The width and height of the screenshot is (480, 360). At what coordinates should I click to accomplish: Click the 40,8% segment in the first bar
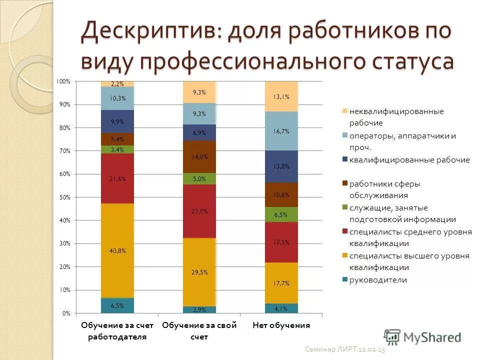tap(117, 250)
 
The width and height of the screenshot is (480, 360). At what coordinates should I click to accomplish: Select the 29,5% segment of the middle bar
tap(199, 272)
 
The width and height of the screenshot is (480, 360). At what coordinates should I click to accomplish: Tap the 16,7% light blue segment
tap(281, 131)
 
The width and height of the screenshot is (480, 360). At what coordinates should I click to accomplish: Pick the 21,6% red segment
tap(117, 178)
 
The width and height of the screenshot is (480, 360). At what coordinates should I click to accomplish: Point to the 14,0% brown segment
tap(199, 156)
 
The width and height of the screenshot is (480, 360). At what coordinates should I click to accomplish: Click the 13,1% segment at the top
tap(281, 96)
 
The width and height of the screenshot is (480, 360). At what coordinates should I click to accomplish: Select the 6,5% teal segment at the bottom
tap(117, 305)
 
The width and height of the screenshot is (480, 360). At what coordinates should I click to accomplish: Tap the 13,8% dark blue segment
tap(281, 166)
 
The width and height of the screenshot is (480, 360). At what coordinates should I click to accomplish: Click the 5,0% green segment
tap(199, 178)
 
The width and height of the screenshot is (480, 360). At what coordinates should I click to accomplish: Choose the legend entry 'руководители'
tap(378, 280)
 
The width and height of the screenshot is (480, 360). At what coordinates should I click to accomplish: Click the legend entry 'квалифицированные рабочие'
tap(409, 160)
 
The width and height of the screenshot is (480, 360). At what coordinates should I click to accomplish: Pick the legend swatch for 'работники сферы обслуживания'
tap(344, 184)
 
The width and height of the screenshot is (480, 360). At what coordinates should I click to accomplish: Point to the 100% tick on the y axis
tap(63, 81)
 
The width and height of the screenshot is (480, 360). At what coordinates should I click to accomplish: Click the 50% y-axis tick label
tap(64, 197)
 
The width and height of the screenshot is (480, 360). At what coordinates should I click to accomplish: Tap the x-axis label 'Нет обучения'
tap(281, 325)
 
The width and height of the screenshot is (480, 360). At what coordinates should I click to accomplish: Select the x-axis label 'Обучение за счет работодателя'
tap(117, 331)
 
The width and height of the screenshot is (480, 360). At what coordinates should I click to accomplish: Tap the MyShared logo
tap(422, 336)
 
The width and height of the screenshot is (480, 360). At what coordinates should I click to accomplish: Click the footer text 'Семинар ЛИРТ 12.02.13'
tap(345, 350)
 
